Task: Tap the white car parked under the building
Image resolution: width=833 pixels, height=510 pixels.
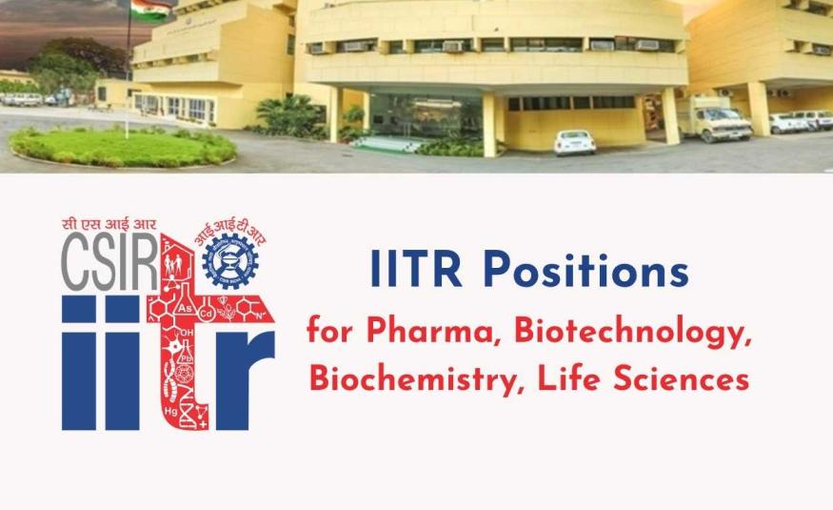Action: [574, 142]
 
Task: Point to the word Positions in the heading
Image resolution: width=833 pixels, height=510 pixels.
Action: [585, 271]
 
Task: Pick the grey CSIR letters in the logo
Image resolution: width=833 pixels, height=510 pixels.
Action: [109, 262]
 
